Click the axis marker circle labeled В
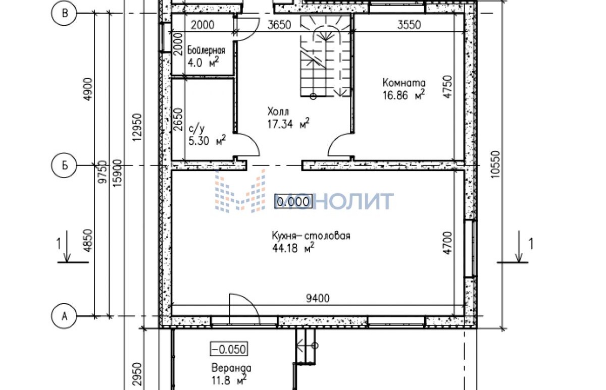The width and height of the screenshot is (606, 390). coord(64,13)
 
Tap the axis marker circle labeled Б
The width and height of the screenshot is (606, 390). coord(64,165)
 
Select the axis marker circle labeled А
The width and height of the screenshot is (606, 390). coord(64,316)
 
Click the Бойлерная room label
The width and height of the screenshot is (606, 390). coord(206,50)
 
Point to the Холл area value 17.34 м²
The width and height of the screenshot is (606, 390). coord(288,124)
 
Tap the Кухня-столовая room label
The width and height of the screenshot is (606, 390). coord(311,236)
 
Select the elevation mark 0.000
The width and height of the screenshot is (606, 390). coord(293,202)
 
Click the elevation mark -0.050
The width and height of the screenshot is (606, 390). coord(229,349)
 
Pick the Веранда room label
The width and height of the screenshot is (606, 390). coord(231,368)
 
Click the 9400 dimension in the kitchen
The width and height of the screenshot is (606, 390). coord(318,298)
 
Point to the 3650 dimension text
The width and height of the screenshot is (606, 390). coord(279,25)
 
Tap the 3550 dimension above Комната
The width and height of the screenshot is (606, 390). coord(409,25)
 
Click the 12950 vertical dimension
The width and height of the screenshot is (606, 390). coord(137,127)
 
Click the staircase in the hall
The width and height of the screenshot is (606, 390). coord(325,55)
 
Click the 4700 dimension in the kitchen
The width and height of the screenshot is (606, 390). coord(448,243)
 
